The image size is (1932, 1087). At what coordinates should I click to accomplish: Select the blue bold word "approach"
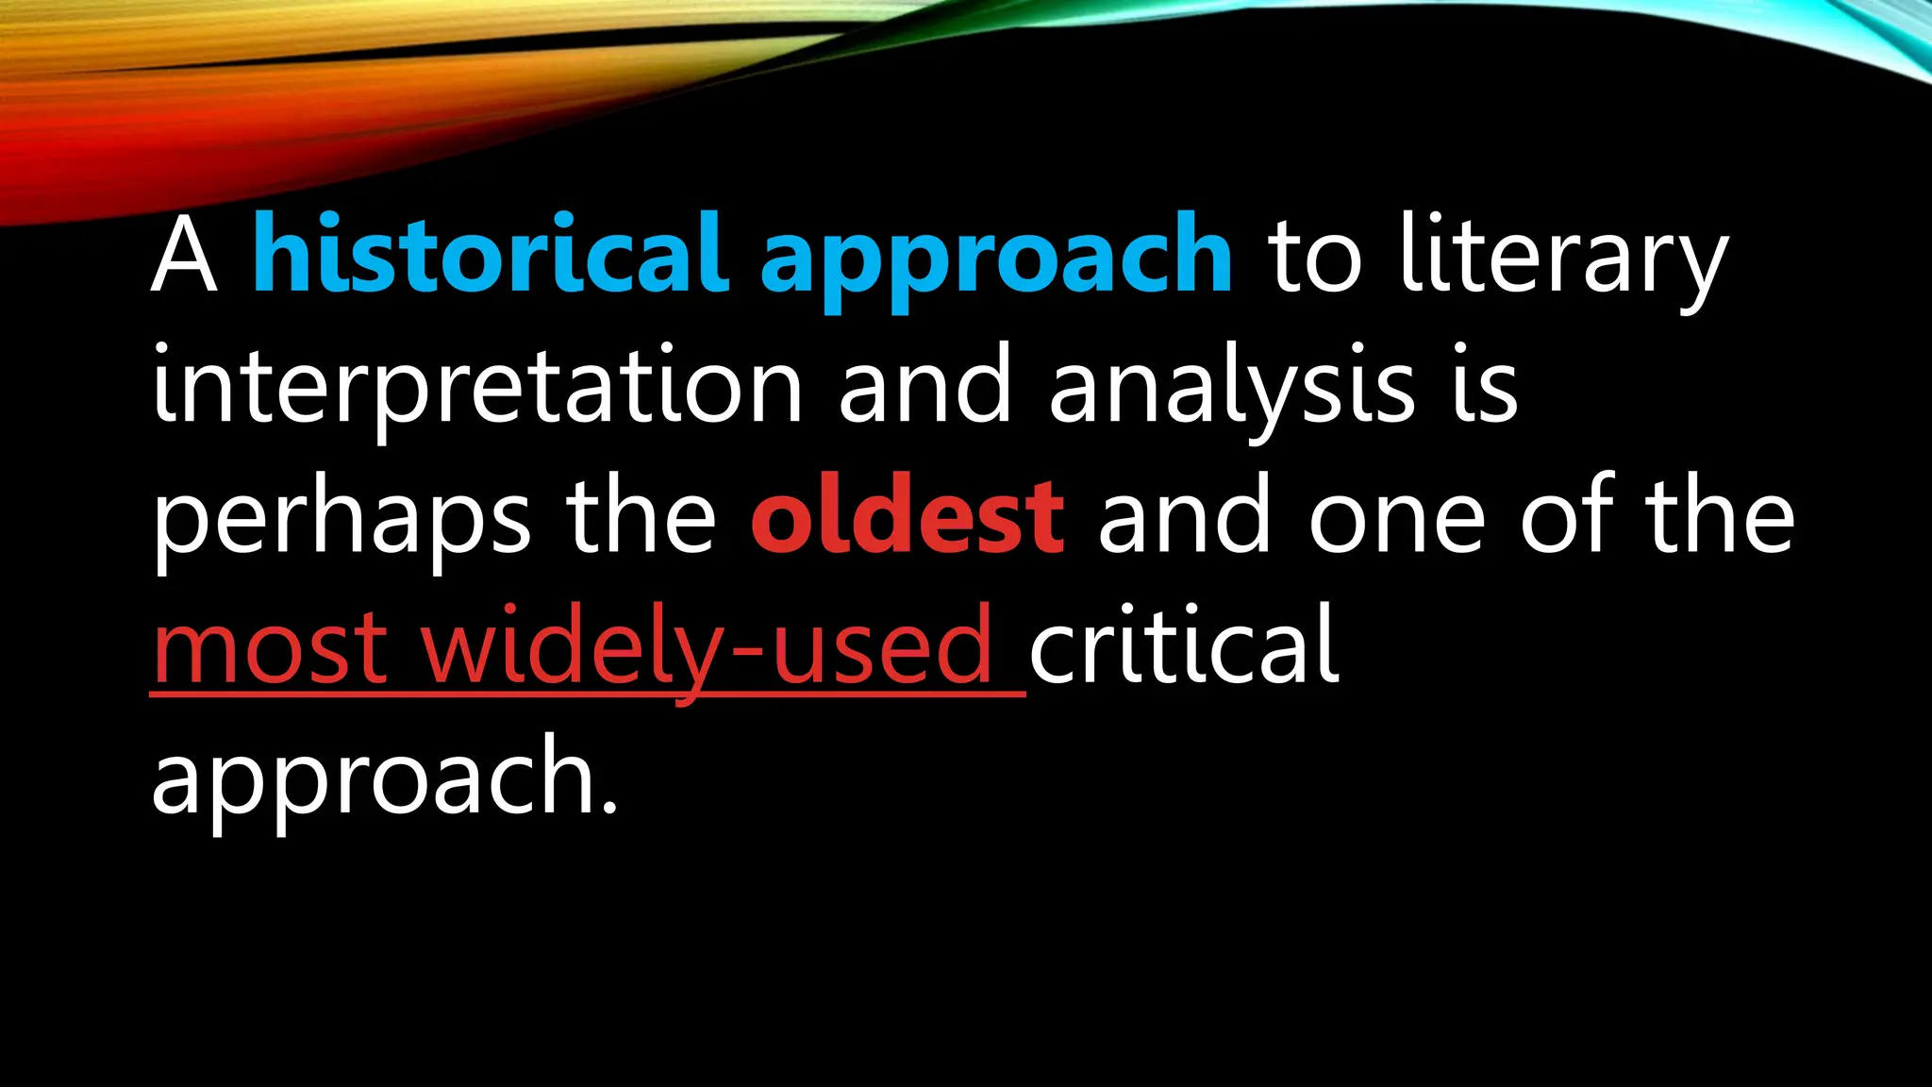pyautogui.click(x=996, y=259)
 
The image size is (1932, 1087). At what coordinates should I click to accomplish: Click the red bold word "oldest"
pyautogui.click(x=908, y=517)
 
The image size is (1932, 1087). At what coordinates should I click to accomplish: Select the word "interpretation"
pyautogui.click(x=476, y=387)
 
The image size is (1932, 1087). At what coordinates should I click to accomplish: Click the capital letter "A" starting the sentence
pyautogui.click(x=185, y=255)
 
